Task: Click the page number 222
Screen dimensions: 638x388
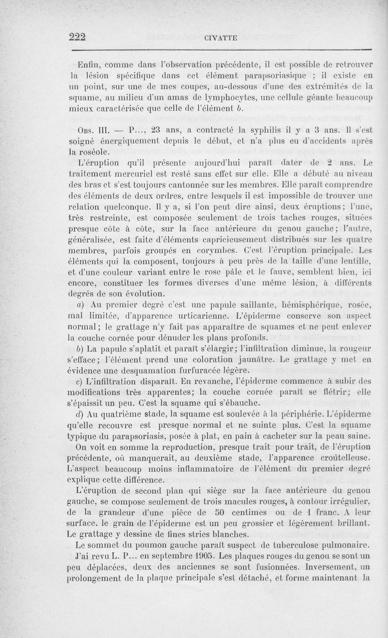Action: click(78, 37)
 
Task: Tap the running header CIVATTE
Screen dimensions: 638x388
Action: click(221, 38)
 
